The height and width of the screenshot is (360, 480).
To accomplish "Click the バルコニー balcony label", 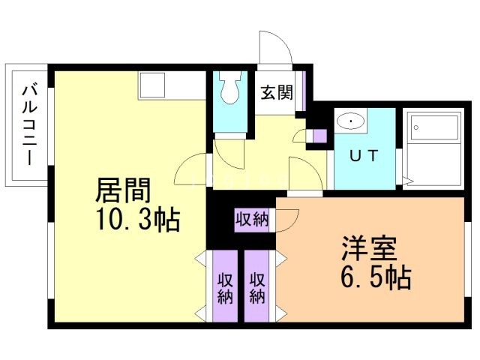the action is point(30,125).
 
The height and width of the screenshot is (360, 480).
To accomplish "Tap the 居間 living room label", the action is point(123,190).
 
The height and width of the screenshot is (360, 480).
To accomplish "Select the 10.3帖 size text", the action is point(137,220).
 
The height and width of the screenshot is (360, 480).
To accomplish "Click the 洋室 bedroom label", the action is point(369,248).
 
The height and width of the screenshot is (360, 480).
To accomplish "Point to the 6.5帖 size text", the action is point(376,277).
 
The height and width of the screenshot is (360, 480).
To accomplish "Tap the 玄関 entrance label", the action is point(277,92).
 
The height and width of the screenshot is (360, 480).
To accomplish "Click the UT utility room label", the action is point(364,156).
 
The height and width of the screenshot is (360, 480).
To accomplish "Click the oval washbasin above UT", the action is point(351,121).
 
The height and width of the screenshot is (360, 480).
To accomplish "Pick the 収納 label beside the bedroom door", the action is point(252,220).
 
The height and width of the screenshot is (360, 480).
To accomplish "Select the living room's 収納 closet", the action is point(225,286).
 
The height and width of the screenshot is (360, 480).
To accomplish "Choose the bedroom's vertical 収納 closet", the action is point(257,286).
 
